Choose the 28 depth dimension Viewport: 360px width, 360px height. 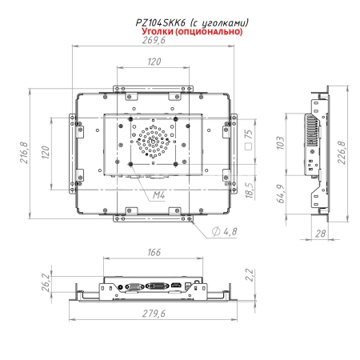321,233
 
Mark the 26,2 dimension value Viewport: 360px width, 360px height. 46,283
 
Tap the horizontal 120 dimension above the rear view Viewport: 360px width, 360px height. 153,61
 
